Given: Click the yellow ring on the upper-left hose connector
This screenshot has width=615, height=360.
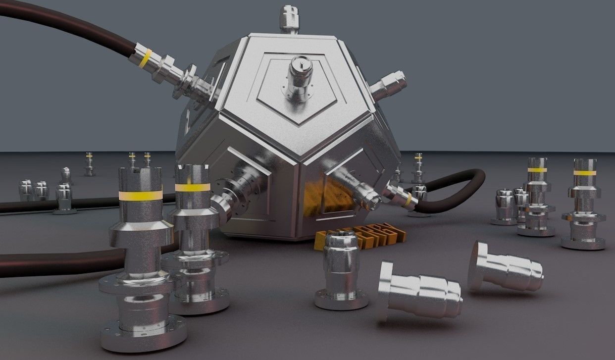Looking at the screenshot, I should (x=145, y=58).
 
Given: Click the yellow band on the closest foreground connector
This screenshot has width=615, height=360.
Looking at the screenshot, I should (x=141, y=195).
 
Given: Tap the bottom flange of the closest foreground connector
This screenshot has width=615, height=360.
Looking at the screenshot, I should (x=144, y=335).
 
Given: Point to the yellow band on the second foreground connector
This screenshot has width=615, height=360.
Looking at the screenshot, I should (x=193, y=187).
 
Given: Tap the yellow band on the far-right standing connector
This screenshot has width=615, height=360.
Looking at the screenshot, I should (x=585, y=173).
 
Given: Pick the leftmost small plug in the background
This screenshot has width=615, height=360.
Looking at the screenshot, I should (x=25, y=190).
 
